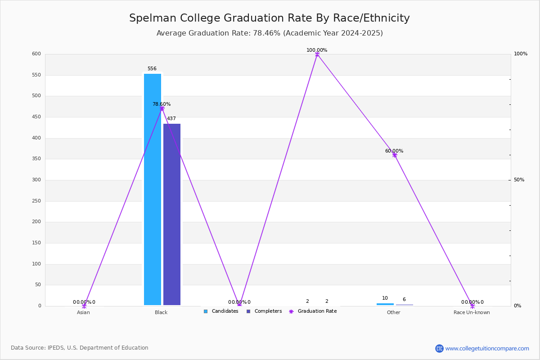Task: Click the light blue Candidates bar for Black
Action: pos(153,189)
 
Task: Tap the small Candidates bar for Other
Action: pos(385,304)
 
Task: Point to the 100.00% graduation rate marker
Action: pos(317,54)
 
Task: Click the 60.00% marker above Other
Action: pos(395,155)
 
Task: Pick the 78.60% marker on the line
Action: pos(162,108)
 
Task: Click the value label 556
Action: pos(152,69)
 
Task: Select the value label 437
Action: pos(171,119)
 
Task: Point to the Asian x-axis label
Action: pos(83,312)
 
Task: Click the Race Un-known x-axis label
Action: pos(472,312)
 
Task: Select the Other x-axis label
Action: pos(393,312)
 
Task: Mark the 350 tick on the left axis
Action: pos(36,159)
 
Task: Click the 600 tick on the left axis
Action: pos(36,54)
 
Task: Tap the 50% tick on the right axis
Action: pos(519,180)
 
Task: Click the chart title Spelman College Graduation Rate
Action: pos(269,18)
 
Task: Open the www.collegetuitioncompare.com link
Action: pos(487,348)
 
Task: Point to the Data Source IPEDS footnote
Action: pos(80,348)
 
